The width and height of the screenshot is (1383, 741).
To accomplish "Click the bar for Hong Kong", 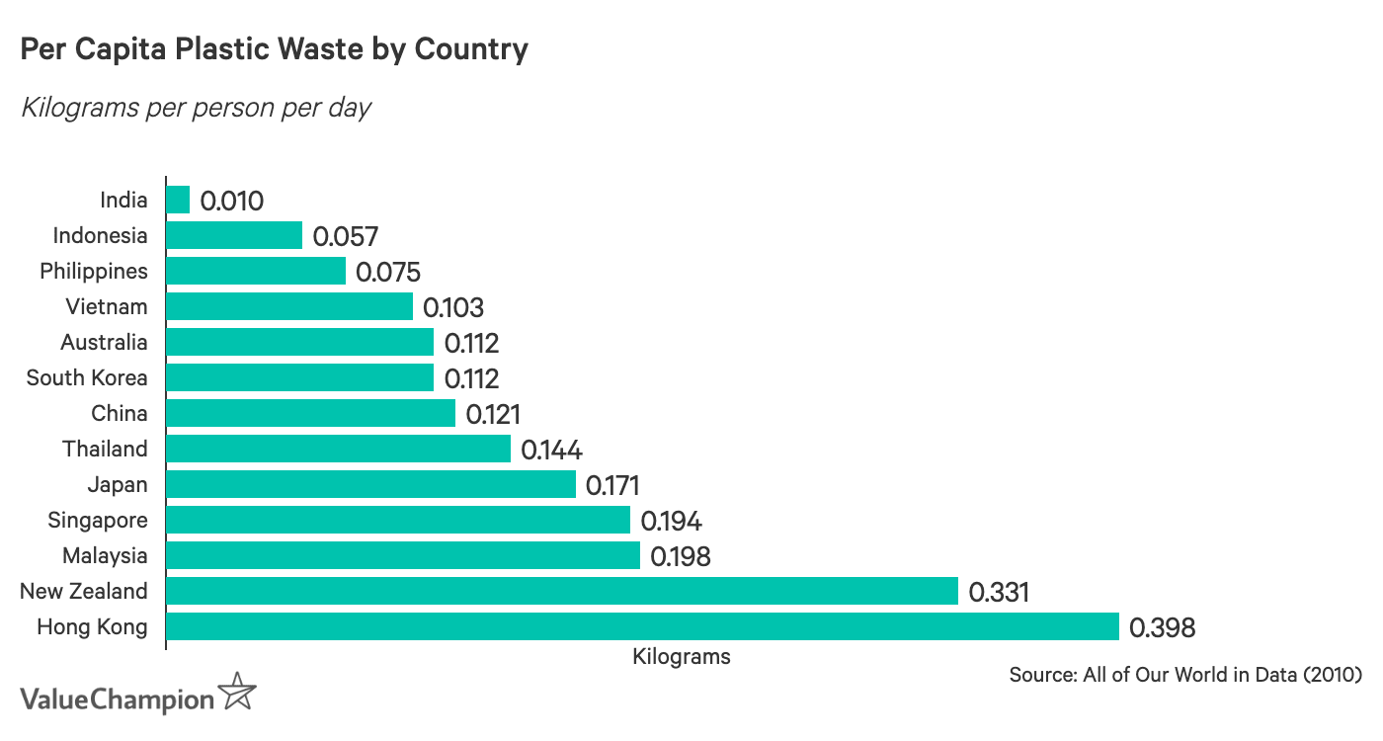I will point(642,626).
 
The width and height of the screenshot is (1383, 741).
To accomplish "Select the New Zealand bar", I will point(561,591).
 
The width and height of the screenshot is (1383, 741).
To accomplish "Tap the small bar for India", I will point(178,200).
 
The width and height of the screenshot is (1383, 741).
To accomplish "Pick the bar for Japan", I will point(370,484).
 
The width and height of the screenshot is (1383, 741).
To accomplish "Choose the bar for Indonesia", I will point(234,235).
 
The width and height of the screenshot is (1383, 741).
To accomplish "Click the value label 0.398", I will point(1162,627).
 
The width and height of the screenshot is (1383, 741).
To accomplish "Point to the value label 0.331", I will point(999,592).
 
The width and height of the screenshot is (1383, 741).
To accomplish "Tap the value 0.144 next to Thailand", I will point(551,450).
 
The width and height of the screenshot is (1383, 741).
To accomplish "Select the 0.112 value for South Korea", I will point(471,378).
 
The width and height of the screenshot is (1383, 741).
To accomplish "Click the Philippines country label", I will point(94,271).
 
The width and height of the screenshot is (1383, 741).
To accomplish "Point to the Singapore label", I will point(98,520).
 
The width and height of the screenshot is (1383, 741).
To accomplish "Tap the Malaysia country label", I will point(105,555).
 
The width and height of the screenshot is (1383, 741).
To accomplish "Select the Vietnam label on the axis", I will point(107,306).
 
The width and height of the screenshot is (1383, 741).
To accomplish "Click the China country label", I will point(120,413).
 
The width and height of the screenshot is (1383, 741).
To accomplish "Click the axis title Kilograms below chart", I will point(682,656).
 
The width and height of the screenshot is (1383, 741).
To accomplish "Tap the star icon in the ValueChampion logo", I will point(237,692).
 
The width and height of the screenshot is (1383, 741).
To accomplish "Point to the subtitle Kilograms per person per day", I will point(196,107).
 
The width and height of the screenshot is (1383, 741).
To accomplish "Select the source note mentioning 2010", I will point(1185,676).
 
